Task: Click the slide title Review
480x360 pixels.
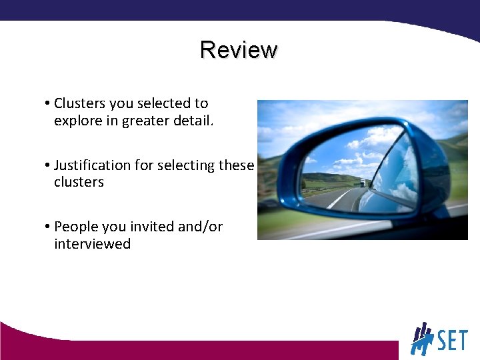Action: click(x=239, y=50)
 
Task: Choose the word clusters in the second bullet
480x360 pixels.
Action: click(x=79, y=183)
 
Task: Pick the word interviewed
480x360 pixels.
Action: click(x=92, y=244)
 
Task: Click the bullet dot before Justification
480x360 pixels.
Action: click(x=49, y=165)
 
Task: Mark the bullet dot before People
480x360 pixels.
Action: click(x=49, y=227)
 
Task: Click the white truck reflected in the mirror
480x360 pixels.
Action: click(x=363, y=183)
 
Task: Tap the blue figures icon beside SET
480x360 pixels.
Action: click(x=422, y=339)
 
